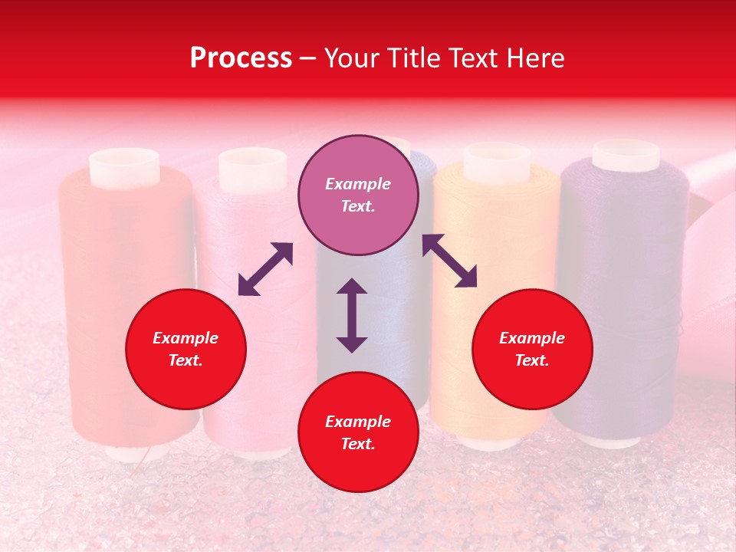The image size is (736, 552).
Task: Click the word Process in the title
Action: coord(241,58)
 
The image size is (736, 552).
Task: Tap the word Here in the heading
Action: coord(534,58)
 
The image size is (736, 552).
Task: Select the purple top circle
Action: coord(358,195)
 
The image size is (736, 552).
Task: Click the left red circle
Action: coord(186,349)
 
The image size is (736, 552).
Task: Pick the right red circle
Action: coord(532,349)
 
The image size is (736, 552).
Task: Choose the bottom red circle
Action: coord(358,432)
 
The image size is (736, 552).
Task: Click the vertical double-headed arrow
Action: coord(352,315)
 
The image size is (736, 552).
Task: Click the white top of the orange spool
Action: coord(497,161)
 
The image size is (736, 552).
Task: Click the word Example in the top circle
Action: coord(358,184)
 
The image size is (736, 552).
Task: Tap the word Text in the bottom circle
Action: coord(356,444)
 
